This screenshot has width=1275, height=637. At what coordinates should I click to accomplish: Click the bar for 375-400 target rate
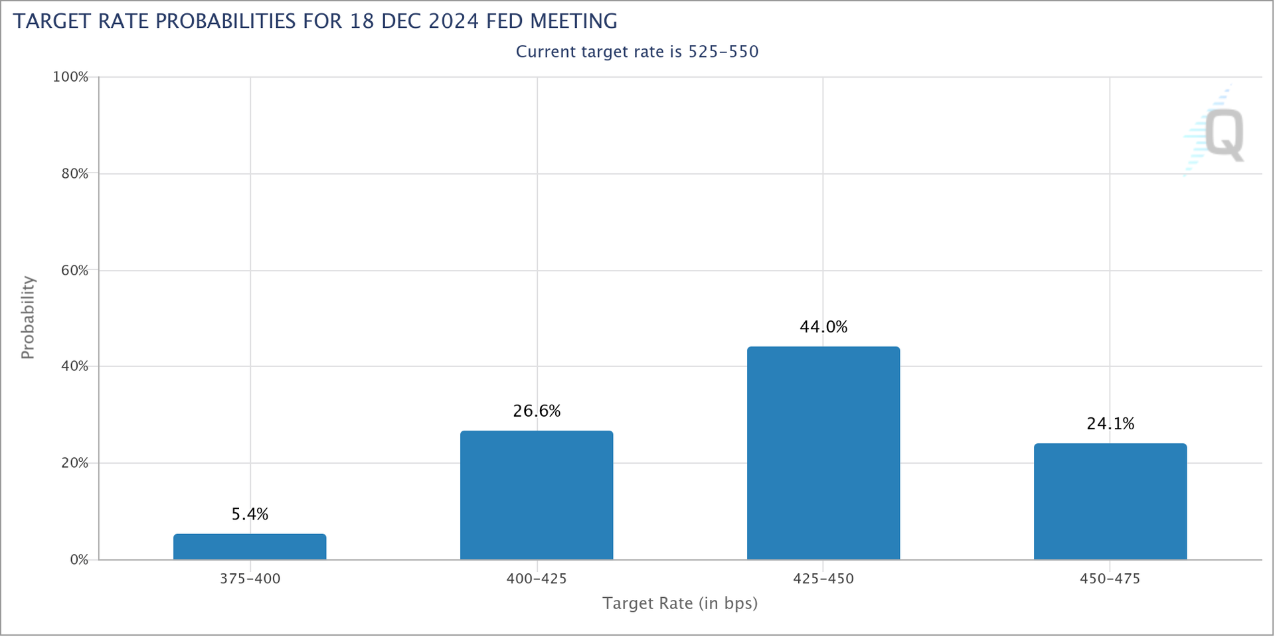[250, 547]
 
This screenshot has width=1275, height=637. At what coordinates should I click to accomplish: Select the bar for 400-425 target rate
[537, 495]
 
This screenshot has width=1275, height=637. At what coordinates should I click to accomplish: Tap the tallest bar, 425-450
[823, 453]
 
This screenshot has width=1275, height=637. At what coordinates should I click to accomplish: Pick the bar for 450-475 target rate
[1110, 502]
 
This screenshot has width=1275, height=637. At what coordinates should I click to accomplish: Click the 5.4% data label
[250, 514]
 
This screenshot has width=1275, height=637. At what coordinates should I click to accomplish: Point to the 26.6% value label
[537, 411]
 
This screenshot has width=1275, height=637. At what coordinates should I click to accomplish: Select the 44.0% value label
[823, 327]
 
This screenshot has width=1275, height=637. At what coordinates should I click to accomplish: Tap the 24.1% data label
[1110, 424]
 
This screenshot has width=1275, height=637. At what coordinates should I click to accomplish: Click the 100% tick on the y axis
[70, 77]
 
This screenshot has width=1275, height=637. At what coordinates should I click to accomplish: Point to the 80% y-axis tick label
[74, 174]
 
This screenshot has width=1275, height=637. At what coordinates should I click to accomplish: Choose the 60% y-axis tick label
[74, 271]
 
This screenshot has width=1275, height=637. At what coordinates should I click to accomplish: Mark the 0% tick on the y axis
[78, 560]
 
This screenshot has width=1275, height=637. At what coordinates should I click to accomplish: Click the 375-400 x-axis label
[250, 579]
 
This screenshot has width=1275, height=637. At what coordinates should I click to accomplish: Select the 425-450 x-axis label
[823, 579]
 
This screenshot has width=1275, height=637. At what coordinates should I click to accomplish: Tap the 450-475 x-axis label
[1110, 579]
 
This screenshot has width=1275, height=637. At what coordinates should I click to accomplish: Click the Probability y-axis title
[27, 318]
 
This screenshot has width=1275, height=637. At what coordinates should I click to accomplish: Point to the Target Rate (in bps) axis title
[680, 604]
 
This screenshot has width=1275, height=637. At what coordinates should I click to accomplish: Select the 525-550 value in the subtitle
[723, 52]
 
